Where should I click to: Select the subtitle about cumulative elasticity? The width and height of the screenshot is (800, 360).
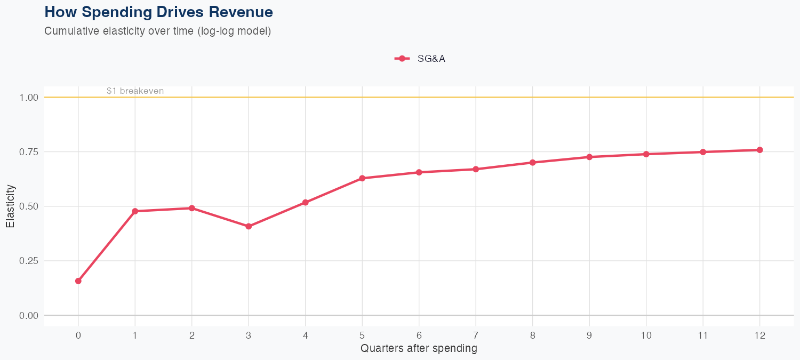(158, 31)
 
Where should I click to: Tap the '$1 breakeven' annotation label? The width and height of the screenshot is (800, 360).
(135, 91)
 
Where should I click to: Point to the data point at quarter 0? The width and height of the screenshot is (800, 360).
(78, 281)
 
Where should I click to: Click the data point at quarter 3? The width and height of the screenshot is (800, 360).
(249, 226)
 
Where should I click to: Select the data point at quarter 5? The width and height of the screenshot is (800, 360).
(362, 178)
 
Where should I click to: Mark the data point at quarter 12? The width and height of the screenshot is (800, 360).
(759, 150)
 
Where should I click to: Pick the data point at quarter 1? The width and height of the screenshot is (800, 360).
(135, 211)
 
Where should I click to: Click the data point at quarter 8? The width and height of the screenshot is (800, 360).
(532, 162)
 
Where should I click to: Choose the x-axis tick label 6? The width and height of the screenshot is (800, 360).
(419, 335)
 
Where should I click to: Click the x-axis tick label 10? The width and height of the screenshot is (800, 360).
(646, 335)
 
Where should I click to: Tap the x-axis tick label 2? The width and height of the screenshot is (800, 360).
(191, 335)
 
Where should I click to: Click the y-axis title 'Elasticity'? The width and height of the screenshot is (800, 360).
(10, 206)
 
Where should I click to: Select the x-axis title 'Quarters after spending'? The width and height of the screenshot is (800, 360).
(419, 349)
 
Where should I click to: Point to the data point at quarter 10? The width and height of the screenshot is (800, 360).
(646, 154)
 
